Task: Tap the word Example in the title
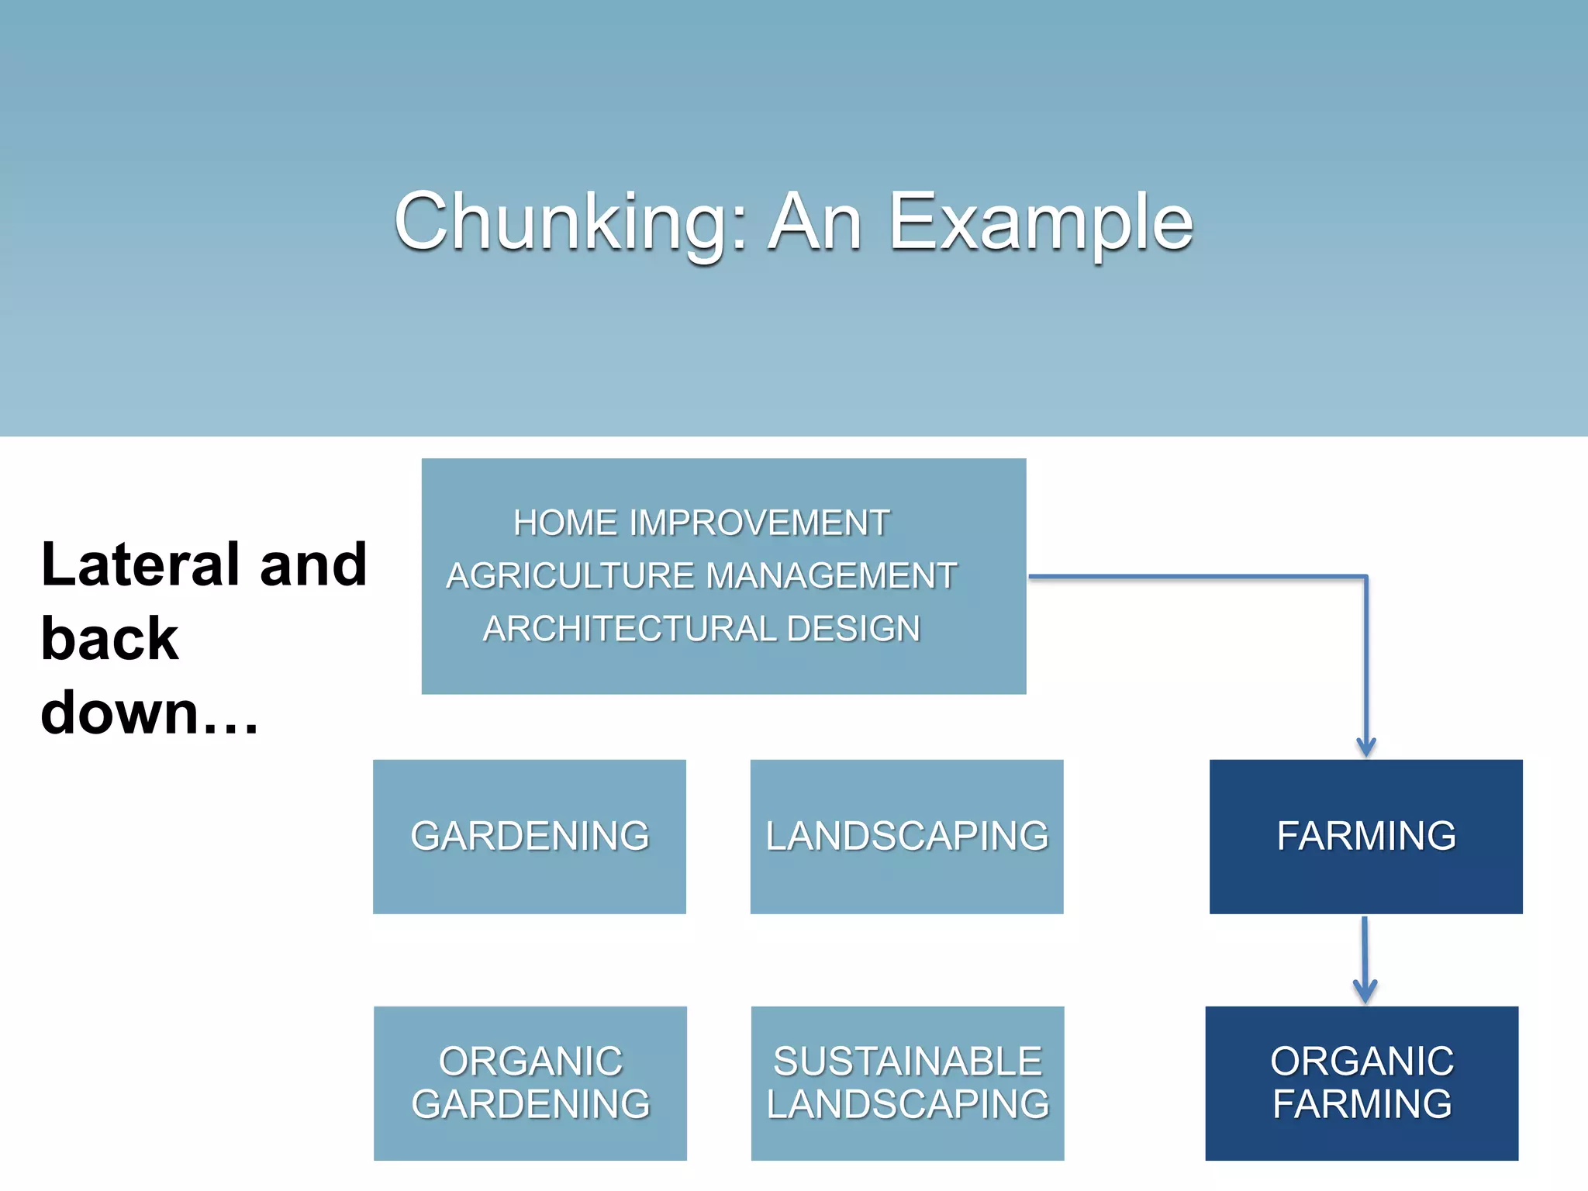pos(1041,223)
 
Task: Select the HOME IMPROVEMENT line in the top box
pos(701,523)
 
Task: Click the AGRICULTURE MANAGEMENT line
pos(701,575)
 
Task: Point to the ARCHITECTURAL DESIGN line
pos(701,628)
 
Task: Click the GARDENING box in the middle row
pos(530,836)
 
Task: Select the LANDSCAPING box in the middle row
pos(906,836)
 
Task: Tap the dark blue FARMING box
pos(1365,836)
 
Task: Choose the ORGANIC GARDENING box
pos(530,1082)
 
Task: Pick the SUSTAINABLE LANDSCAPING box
pos(907,1082)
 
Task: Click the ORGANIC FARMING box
pos(1362,1082)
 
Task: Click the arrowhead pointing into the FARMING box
pos(1366,747)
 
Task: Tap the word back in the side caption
pos(109,639)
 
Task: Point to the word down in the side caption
pos(120,713)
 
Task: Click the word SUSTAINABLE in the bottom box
pos(907,1062)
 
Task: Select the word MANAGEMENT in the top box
pos(831,575)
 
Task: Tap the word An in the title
pos(815,223)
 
